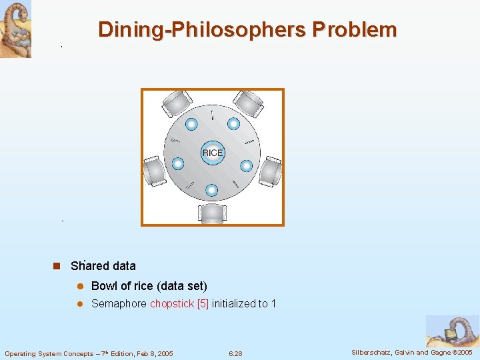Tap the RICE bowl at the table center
pyautogui.click(x=212, y=153)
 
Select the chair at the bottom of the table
pyautogui.click(x=212, y=213)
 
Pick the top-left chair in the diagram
pyautogui.click(x=176, y=103)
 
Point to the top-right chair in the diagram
pyautogui.click(x=249, y=103)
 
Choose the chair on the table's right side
pyautogui.click(x=271, y=171)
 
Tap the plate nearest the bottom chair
pyautogui.click(x=211, y=190)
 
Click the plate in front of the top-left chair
pyautogui.click(x=191, y=123)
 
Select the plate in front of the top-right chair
pyautogui.click(x=233, y=123)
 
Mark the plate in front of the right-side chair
pyautogui.click(x=246, y=165)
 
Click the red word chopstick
pyautogui.click(x=172, y=304)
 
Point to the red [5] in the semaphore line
pyautogui.click(x=203, y=304)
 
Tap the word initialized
pyautogui.click(x=233, y=304)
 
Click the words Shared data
pyautogui.click(x=103, y=266)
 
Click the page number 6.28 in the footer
pyautogui.click(x=235, y=353)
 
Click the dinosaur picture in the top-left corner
pyautogui.click(x=15, y=29)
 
